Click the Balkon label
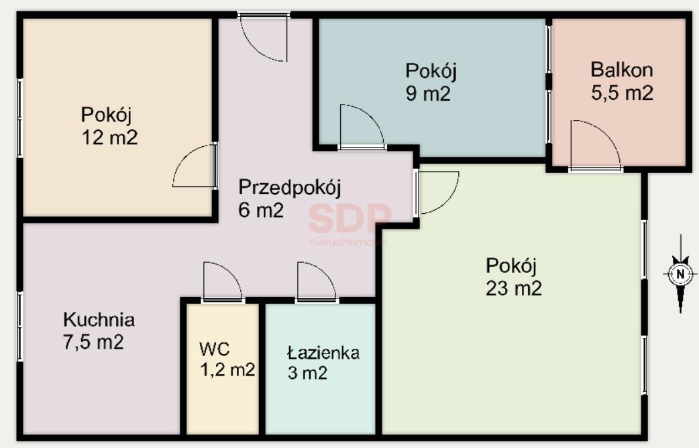point(621,70)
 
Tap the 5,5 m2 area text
point(623,93)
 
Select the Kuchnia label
point(99,320)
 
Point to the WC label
point(215,349)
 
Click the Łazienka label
point(323,353)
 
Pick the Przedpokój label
point(290,188)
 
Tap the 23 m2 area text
point(514,288)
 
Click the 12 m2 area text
point(109,137)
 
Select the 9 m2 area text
point(428,94)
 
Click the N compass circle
point(680,274)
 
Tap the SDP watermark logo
point(350,218)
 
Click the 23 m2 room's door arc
point(449,201)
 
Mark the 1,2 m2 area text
point(228,369)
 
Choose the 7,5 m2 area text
point(94,342)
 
